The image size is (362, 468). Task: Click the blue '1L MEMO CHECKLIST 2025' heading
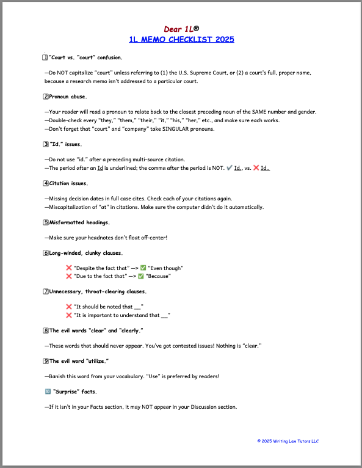click(181, 40)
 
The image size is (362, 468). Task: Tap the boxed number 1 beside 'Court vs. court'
click(45, 57)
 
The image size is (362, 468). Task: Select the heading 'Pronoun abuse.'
click(68, 97)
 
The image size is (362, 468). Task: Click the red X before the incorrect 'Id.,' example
click(256, 168)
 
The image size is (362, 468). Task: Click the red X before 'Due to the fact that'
click(69, 276)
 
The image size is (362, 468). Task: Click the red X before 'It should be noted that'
click(69, 307)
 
